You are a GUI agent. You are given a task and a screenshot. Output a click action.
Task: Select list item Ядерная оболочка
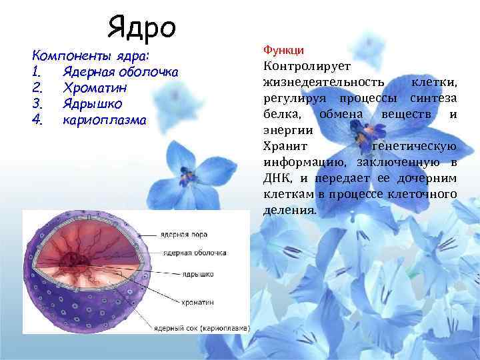pos(120,71)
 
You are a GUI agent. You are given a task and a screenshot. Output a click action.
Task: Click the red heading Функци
pos(284,50)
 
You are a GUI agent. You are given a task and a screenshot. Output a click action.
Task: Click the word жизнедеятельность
pos(324,82)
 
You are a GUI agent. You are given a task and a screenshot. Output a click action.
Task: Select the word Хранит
pos(285,147)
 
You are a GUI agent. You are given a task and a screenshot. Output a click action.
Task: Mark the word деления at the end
pos(289,210)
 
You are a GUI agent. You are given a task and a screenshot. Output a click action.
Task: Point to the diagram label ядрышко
pos(184,273)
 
